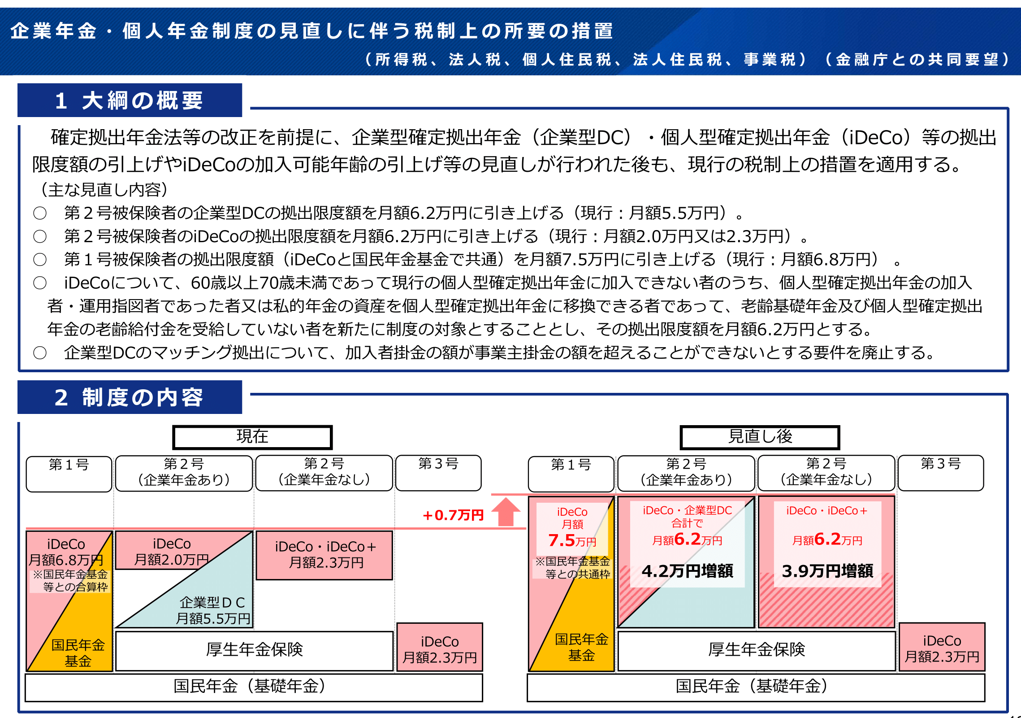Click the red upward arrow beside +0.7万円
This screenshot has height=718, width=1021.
coord(506,512)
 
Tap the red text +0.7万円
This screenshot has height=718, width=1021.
coord(453,515)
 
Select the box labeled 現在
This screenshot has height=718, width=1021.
coord(252,437)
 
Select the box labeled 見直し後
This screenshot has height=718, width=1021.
coord(760,437)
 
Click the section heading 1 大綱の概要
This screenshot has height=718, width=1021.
coord(130,100)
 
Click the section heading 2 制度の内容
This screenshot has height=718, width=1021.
coord(130,397)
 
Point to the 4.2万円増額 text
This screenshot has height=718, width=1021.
coord(687,571)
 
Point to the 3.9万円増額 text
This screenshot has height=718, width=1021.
coord(827,571)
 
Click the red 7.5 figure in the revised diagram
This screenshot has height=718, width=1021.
coord(562,540)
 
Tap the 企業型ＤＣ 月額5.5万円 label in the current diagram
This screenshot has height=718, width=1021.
coord(213,610)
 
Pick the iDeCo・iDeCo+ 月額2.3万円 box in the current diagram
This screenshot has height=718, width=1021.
coord(324,555)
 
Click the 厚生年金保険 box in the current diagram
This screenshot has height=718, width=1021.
coord(255,651)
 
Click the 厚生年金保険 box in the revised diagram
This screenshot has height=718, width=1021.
coord(757,651)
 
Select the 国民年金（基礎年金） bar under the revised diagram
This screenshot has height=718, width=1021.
coord(756,688)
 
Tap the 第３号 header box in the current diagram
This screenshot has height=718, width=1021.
coord(438,473)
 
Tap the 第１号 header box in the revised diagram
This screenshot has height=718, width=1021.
coord(571,474)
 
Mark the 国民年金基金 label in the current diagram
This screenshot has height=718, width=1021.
coord(78,653)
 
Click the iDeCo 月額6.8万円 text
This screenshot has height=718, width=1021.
coord(66,552)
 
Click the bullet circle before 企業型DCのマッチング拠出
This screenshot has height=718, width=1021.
coord(40,353)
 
